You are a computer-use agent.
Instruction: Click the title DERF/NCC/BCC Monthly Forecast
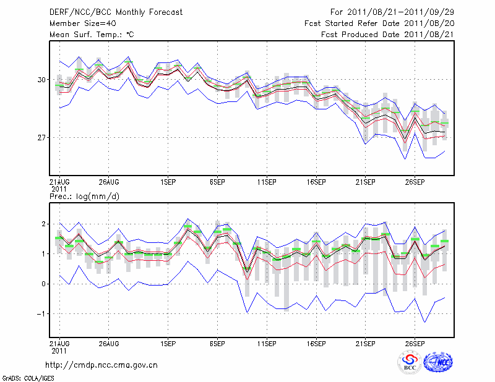coord(116,12)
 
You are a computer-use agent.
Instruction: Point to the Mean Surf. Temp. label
coord(92,35)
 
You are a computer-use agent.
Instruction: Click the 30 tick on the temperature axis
coord(41,80)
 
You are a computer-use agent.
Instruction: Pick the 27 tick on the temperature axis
coord(41,137)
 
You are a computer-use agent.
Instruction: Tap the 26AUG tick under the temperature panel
coord(108,182)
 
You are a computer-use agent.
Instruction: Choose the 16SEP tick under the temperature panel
coord(316,182)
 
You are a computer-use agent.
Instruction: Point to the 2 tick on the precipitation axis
coord(44,224)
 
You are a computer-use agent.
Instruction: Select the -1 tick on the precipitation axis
coord(42,313)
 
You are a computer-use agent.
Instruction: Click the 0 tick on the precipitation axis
coord(44,284)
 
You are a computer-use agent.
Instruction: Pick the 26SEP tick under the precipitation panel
coord(415,343)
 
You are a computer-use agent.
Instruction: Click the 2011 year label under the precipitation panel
coord(59,350)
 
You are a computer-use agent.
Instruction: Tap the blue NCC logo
coord(438,363)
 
